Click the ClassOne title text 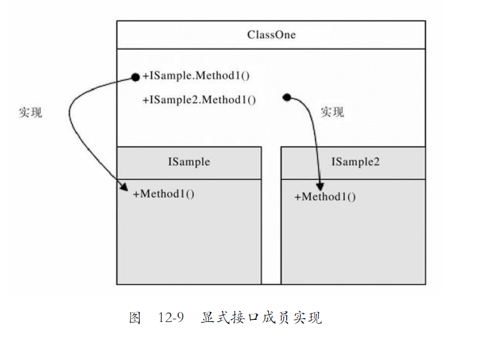[x=271, y=35]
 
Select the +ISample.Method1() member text [x=196, y=76]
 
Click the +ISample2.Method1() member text [x=199, y=99]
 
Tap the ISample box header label [x=188, y=162]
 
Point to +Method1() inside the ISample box [x=164, y=193]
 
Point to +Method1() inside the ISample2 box [x=325, y=197]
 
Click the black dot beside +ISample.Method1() [x=135, y=78]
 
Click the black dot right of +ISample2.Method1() [x=287, y=97]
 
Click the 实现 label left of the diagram [x=30, y=112]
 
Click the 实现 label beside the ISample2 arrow [x=332, y=112]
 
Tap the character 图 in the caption [x=134, y=318]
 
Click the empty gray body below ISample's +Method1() [x=188, y=241]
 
